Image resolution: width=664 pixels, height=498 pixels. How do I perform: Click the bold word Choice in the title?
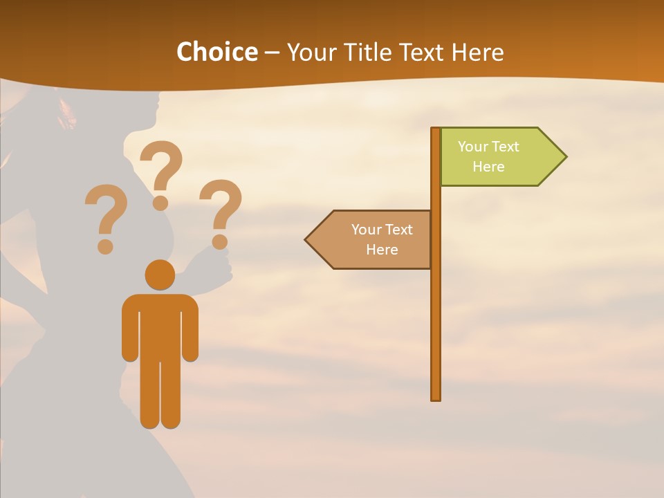(216, 52)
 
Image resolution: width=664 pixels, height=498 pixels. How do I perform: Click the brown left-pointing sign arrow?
(370, 240)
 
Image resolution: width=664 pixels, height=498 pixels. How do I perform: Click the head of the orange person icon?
(160, 275)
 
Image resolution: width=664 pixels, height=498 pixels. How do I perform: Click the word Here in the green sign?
(488, 167)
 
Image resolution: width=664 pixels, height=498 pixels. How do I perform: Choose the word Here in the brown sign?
(382, 250)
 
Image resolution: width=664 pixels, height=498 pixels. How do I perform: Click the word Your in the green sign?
(474, 147)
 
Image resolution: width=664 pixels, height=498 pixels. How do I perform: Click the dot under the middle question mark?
(160, 202)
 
